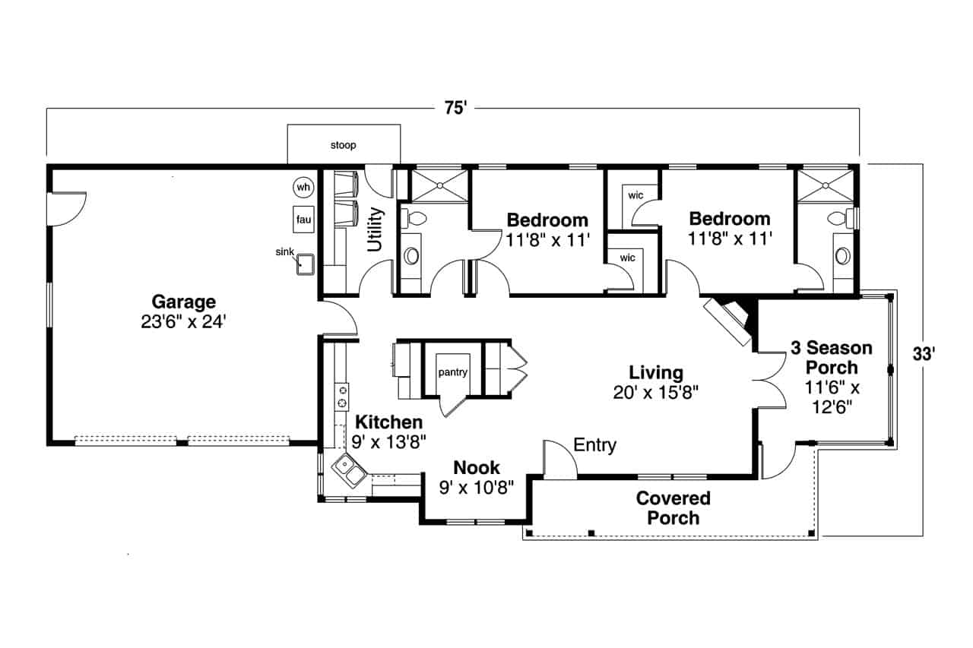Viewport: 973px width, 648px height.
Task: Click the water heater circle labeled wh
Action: (303, 187)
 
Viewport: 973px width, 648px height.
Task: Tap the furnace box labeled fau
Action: (303, 220)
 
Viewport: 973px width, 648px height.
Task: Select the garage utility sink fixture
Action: (307, 264)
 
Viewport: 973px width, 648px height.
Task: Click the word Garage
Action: (183, 302)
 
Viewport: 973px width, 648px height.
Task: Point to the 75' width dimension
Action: (455, 109)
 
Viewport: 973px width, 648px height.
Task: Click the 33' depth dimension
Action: (923, 352)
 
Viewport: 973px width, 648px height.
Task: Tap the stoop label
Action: (343, 144)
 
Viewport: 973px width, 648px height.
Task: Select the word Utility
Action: (376, 229)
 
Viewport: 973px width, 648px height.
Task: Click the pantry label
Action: (452, 372)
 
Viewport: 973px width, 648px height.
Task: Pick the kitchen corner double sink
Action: (350, 473)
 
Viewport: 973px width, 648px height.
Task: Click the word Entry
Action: (594, 445)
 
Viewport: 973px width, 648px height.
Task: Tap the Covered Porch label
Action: (673, 508)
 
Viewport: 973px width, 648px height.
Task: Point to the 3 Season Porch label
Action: (831, 358)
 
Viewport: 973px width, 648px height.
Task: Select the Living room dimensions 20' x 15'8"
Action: (655, 392)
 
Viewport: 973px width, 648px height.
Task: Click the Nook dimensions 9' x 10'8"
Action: (477, 487)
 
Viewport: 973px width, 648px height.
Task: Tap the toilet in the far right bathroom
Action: (840, 220)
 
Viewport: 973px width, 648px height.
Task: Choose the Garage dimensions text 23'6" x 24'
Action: (183, 321)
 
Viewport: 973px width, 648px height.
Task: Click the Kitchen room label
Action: (389, 422)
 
